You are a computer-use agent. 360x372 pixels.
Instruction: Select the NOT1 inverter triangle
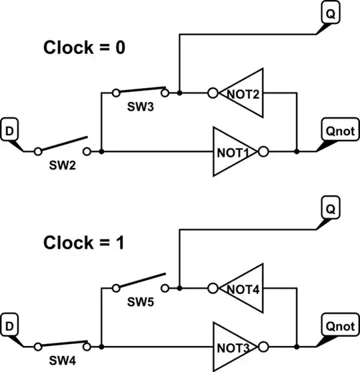[233, 151]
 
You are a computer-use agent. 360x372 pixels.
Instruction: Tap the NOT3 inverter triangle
[233, 347]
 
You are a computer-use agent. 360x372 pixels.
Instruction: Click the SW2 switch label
[63, 166]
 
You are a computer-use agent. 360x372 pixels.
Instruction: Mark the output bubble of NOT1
[264, 151]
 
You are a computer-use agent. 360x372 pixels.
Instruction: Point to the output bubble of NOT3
[264, 347]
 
